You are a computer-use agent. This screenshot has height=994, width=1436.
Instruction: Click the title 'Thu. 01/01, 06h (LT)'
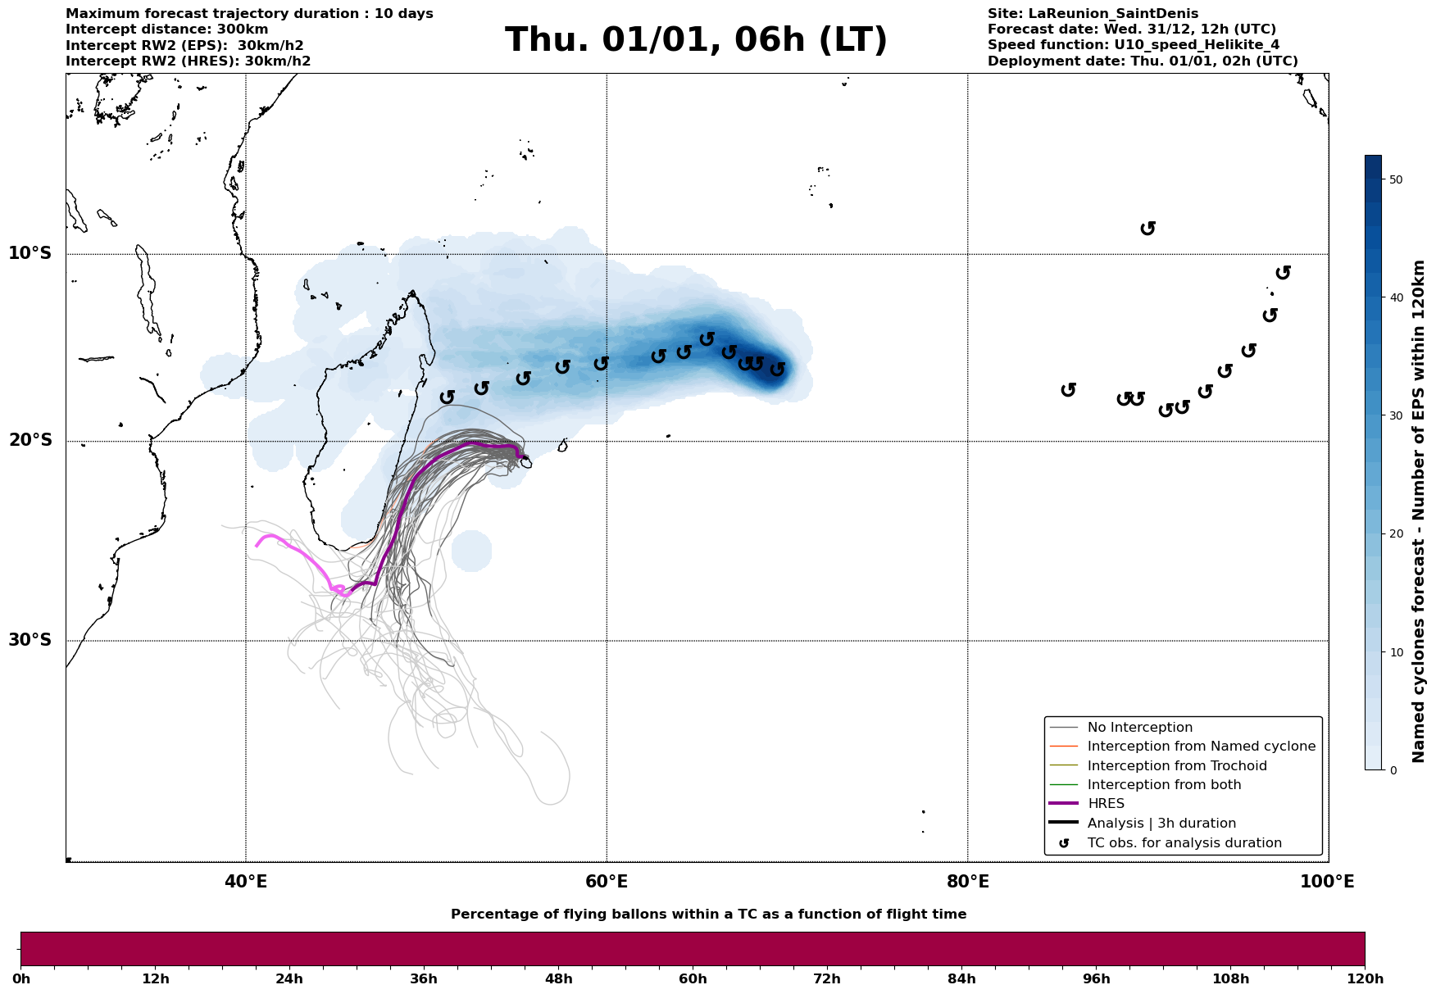696,40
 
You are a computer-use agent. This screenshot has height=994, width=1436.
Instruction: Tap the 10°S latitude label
30,253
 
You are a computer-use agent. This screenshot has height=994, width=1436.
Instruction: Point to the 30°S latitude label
30,640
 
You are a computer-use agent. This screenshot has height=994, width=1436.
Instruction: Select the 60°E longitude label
607,882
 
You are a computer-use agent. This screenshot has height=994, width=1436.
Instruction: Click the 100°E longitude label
1327,882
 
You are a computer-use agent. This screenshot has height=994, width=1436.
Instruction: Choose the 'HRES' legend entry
1106,804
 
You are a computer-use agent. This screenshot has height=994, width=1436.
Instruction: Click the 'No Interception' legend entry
1139,728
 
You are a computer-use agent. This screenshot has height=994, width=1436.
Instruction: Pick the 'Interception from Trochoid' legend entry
1176,766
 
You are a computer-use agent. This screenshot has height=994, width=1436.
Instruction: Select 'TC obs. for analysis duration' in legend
1184,843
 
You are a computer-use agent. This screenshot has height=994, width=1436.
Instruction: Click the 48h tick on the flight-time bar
558,978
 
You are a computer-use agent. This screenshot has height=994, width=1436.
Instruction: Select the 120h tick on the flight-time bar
1365,978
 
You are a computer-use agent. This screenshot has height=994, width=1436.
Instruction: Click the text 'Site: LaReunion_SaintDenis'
1093,14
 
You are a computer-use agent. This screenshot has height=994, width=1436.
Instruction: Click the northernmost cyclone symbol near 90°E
1147,229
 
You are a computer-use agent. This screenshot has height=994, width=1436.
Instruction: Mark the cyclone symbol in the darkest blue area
777,370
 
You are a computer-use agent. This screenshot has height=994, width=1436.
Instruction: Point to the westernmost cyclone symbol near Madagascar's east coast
447,397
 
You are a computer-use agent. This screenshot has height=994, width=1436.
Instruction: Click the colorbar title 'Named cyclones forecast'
1419,511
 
